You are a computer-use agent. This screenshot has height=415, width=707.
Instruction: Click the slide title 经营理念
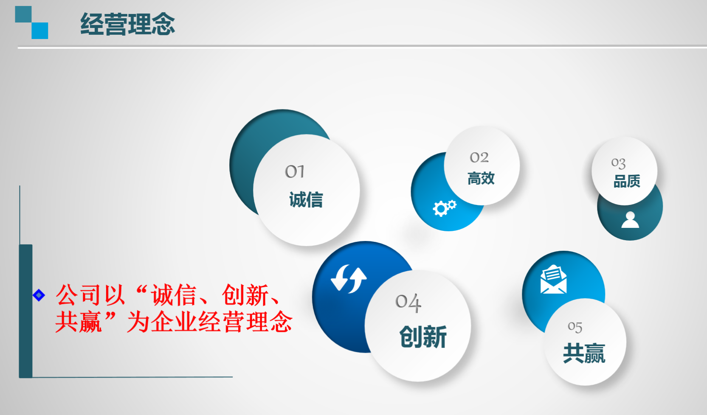[x=127, y=24]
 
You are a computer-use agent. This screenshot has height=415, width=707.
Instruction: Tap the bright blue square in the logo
[x=40, y=31]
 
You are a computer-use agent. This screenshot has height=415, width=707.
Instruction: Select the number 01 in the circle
[x=295, y=171]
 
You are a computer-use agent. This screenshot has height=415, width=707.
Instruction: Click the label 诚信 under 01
[x=306, y=199]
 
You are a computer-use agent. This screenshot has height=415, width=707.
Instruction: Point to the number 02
[x=479, y=157]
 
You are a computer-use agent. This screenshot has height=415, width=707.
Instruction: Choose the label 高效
[x=481, y=178]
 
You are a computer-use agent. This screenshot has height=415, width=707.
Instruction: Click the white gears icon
[x=445, y=208]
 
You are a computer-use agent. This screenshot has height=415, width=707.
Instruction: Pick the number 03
[x=618, y=163]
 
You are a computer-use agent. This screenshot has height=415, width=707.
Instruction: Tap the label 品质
[x=627, y=181]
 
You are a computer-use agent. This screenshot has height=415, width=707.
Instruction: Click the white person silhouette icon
[x=630, y=219]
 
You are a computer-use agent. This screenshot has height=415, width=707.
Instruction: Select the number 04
[x=408, y=303]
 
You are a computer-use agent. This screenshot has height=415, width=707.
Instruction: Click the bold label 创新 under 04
[x=423, y=337]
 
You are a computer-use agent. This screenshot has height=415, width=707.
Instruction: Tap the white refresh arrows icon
[x=349, y=278]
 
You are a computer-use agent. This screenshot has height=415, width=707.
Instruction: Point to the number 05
[x=575, y=327]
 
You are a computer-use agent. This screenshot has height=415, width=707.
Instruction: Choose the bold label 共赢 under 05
[x=584, y=353]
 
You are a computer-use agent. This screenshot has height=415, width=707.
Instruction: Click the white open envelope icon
[x=553, y=279]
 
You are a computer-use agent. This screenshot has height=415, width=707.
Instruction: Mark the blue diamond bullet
[x=39, y=295]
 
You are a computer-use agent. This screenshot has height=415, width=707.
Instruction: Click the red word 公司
[x=79, y=295]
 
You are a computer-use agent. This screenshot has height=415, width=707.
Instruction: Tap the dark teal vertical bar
[x=25, y=311]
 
